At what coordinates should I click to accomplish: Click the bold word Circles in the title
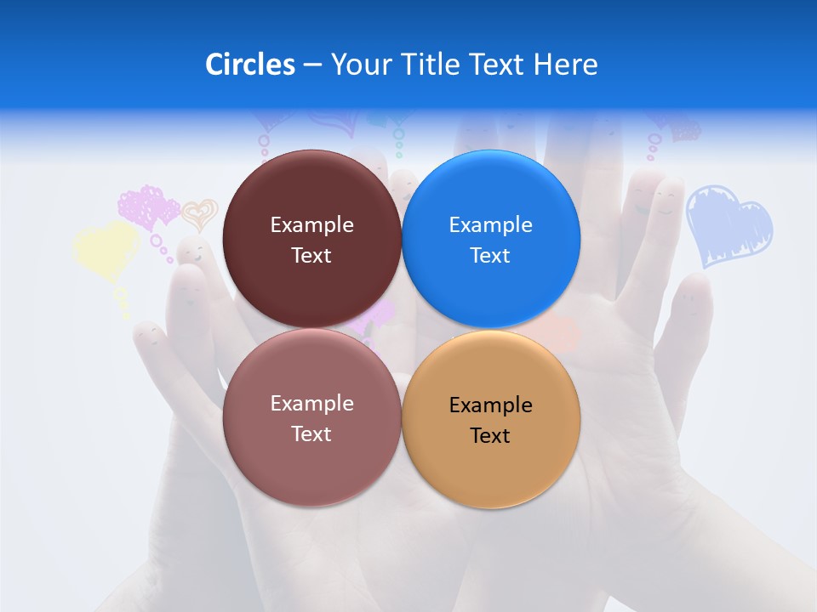pos(249,65)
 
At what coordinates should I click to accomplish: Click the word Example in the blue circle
pos(490,225)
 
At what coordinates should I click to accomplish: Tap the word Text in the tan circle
pos(490,435)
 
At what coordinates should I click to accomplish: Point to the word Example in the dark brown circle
pos(311,225)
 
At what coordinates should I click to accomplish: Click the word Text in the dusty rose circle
pos(311,433)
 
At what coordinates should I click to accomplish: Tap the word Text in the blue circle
pos(490,256)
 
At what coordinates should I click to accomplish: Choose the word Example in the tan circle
pos(490,405)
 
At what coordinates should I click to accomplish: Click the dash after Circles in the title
pos(312,65)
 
